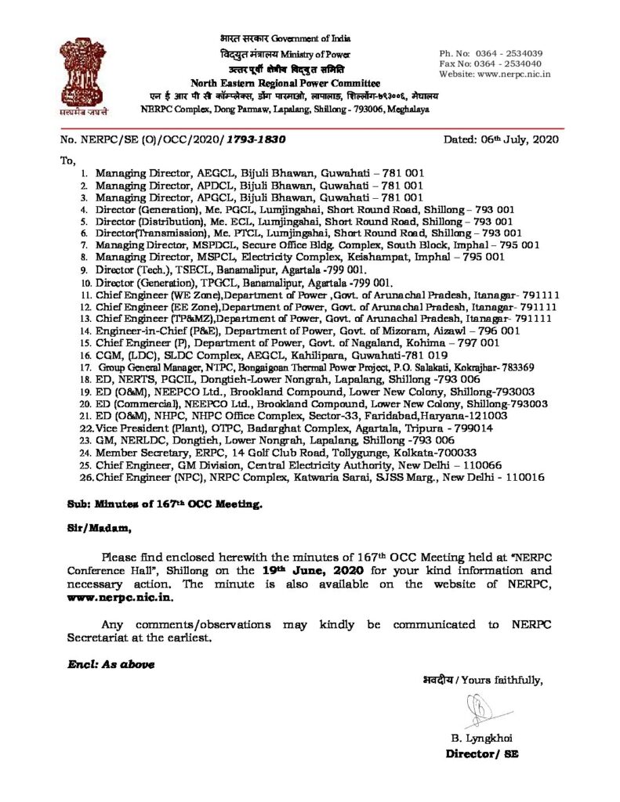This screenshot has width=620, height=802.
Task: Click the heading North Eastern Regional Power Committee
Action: (286, 84)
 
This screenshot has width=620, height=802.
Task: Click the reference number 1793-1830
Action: (256, 140)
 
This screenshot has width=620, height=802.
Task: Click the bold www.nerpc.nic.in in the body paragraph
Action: (118, 598)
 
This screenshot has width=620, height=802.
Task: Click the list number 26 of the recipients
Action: (87, 477)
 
